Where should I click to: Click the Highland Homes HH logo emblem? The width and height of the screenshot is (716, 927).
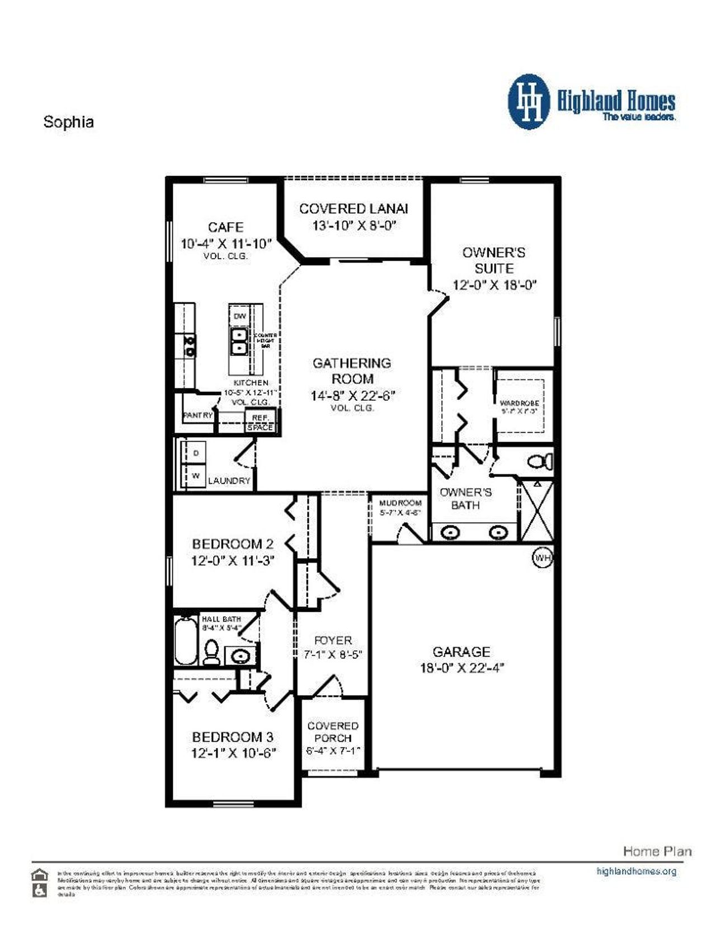pyautogui.click(x=529, y=102)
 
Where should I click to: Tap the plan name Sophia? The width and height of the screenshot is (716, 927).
pyautogui.click(x=68, y=122)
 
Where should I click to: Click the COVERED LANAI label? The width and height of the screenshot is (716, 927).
pyautogui.click(x=354, y=209)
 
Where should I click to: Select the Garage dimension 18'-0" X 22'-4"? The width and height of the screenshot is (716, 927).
pyautogui.click(x=462, y=668)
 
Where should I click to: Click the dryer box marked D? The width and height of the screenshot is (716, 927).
pyautogui.click(x=196, y=453)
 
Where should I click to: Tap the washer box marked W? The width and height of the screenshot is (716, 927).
pyautogui.click(x=196, y=476)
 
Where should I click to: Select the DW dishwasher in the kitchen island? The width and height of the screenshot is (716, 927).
pyautogui.click(x=239, y=316)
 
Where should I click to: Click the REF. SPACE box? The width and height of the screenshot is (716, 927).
pyautogui.click(x=260, y=422)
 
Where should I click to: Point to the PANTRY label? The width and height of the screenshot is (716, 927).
pyautogui.click(x=197, y=415)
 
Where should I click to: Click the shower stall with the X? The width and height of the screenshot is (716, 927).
pyautogui.click(x=537, y=511)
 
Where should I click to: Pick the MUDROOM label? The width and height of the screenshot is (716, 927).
pyautogui.click(x=399, y=503)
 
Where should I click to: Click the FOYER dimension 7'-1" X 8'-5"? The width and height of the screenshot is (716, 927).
pyautogui.click(x=333, y=654)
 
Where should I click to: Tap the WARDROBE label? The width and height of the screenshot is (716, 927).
pyautogui.click(x=519, y=403)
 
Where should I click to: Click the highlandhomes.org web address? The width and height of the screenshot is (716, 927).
pyautogui.click(x=636, y=871)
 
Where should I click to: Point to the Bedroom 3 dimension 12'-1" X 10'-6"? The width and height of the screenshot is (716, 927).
pyautogui.click(x=234, y=753)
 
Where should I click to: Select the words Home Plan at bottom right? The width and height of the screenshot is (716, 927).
pyautogui.click(x=657, y=851)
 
